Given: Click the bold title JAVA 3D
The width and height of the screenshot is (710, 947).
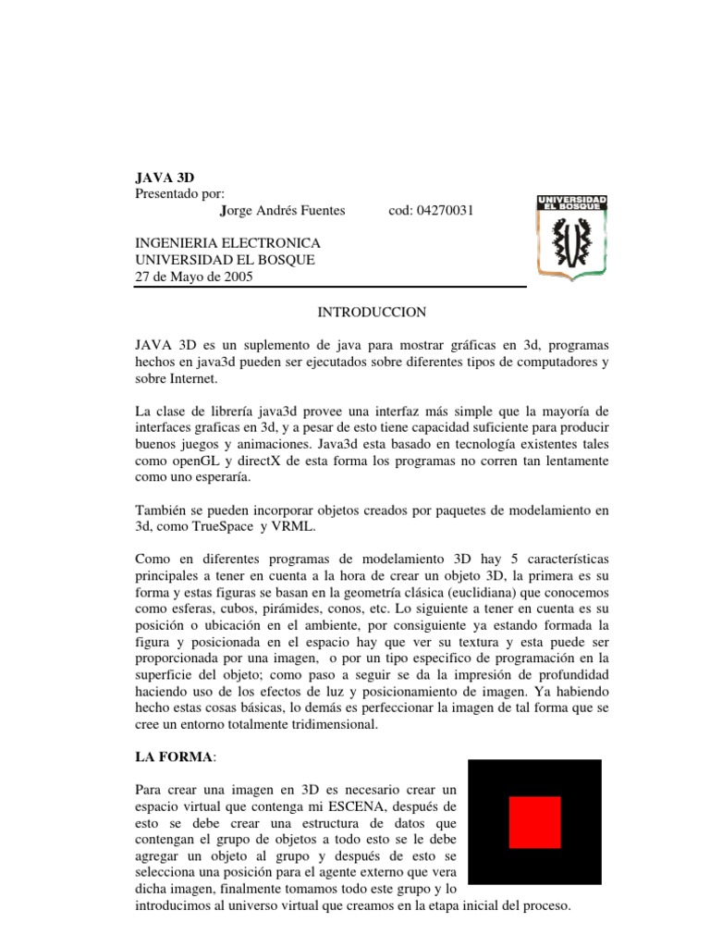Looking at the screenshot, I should (165, 177).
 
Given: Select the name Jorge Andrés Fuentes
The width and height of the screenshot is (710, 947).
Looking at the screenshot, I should (283, 210).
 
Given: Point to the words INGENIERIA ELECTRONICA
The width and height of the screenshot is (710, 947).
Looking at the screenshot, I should (227, 243).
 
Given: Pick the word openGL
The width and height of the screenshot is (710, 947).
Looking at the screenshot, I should (198, 461).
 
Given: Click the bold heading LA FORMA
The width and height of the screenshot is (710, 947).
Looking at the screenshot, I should (174, 757).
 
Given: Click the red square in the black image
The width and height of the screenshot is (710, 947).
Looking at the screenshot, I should (535, 822).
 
